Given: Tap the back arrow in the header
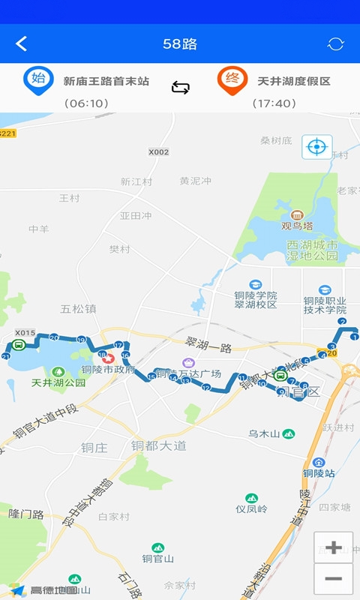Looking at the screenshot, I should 21,43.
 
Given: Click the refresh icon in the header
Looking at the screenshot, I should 335,43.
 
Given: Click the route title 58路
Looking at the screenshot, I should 180,43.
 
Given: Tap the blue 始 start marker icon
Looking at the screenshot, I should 38,79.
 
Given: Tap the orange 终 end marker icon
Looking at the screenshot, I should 232,79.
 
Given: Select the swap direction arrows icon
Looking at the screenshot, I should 181,88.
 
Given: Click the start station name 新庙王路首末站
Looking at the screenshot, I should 106,81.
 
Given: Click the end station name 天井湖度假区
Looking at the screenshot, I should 293,81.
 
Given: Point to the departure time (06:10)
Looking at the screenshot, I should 86,103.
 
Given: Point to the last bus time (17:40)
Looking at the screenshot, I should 274,103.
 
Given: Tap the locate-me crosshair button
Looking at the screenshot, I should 316,146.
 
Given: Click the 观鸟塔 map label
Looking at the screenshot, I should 297,225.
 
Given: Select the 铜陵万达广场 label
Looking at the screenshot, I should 188,374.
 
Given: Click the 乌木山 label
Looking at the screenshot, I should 264,433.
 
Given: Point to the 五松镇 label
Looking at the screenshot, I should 78,308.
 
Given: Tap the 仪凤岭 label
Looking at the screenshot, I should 251,508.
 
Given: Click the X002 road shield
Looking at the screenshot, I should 158,151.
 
